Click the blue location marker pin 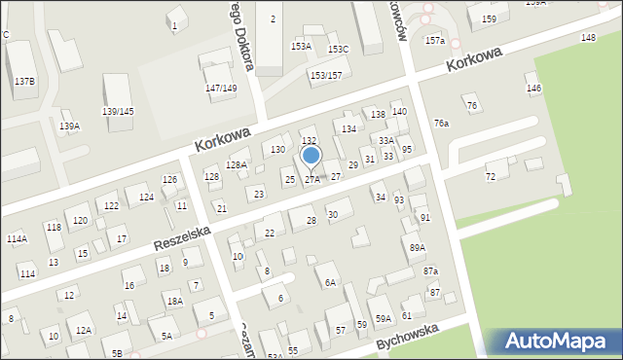pyautogui.click(x=311, y=156)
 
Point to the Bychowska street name pyautogui.click(x=409, y=339)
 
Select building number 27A pyautogui.click(x=311, y=179)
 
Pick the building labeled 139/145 pyautogui.click(x=118, y=111)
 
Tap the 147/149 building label pyautogui.click(x=221, y=89)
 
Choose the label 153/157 pyautogui.click(x=326, y=75)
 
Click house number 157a pyautogui.click(x=435, y=41)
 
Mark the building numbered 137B pyautogui.click(x=24, y=81)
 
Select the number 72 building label pyautogui.click(x=491, y=176)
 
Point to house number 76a pyautogui.click(x=441, y=124)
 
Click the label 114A pyautogui.click(x=17, y=238)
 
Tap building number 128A pyautogui.click(x=237, y=165)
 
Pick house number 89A pyautogui.click(x=417, y=248)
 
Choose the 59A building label pyautogui.click(x=384, y=318)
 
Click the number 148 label pyautogui.click(x=588, y=37)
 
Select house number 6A pyautogui.click(x=330, y=282)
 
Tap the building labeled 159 pyautogui.click(x=489, y=19)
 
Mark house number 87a pyautogui.click(x=430, y=270)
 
